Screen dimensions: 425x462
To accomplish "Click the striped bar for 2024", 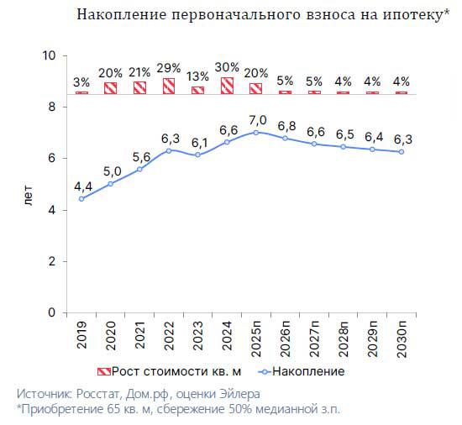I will [x=227, y=85].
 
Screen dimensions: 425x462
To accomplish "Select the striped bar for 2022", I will [x=169, y=86].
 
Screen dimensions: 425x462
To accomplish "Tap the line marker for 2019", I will [x=81, y=199].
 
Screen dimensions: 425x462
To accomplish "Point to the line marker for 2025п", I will [x=256, y=132].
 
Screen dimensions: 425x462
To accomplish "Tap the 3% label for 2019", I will [x=81, y=82].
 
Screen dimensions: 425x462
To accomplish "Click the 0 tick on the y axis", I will [x=51, y=312].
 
